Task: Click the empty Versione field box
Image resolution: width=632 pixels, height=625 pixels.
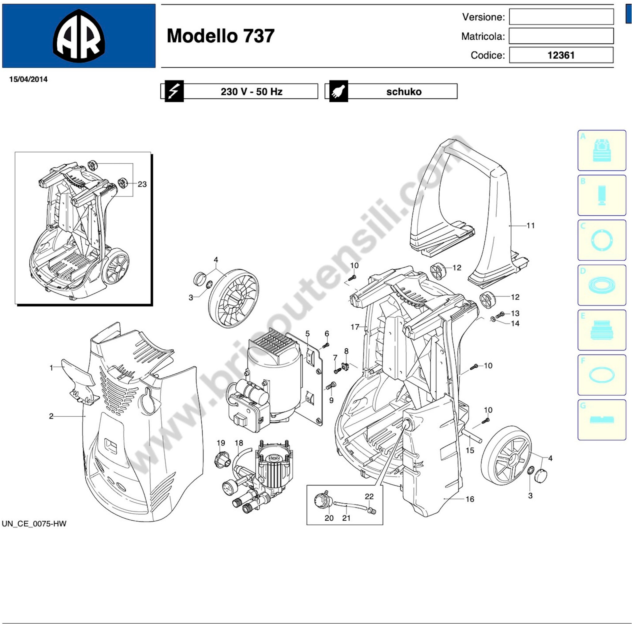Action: point(561,17)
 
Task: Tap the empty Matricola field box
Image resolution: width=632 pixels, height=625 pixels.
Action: point(561,36)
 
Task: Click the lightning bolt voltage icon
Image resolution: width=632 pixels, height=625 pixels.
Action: point(174,91)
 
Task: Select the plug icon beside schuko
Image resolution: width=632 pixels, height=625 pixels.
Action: point(339,91)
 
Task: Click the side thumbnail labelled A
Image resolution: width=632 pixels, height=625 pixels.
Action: point(602,150)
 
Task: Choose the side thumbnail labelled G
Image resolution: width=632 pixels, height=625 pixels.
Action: point(602,420)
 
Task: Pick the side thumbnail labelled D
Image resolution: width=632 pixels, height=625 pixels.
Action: point(602,285)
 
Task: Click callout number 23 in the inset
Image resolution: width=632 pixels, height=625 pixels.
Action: point(142,184)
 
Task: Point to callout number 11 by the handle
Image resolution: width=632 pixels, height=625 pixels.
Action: point(531,225)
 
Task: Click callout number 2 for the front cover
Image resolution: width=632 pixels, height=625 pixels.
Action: point(51,416)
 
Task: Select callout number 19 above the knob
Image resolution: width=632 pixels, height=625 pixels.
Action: point(221,443)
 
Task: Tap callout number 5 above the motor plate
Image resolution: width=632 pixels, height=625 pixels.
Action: point(308,334)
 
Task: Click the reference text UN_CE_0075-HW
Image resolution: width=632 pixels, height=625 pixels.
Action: point(34,524)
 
